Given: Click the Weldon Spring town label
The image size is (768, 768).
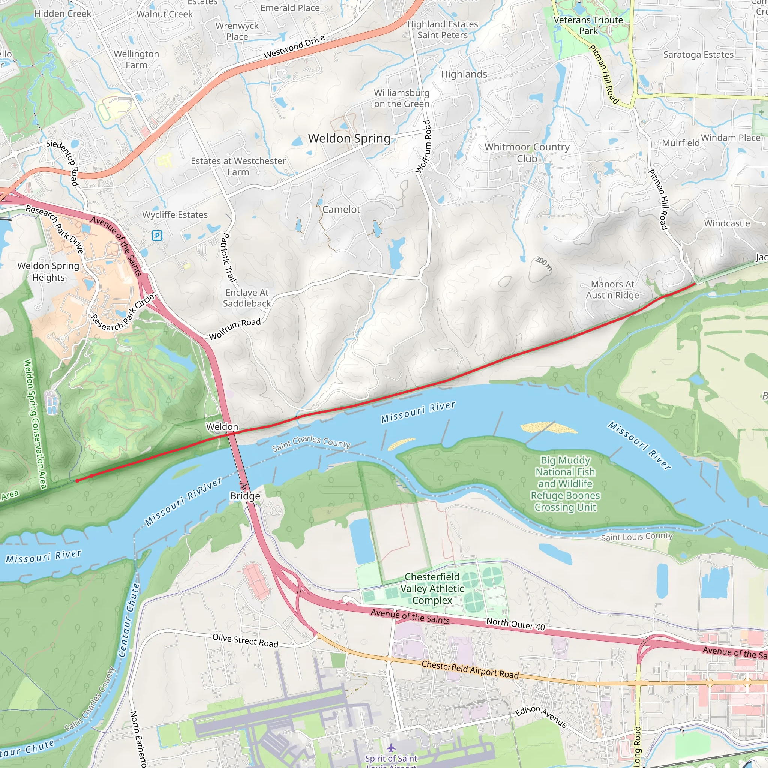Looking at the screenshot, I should click(x=349, y=138).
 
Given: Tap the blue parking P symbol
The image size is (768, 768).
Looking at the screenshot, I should click(x=157, y=236).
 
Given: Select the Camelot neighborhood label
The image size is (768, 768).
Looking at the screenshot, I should click(x=341, y=210).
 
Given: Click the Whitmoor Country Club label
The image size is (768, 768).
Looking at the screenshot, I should click(x=527, y=153).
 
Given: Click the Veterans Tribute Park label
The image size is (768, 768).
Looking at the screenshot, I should click(x=588, y=25).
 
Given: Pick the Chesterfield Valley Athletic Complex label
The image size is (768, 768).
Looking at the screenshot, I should click(x=432, y=588).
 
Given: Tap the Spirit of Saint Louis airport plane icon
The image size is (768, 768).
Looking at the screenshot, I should click(x=391, y=748).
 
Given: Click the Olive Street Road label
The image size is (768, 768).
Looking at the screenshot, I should click(x=245, y=640).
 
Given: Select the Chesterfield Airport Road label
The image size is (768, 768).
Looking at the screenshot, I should click(x=470, y=669).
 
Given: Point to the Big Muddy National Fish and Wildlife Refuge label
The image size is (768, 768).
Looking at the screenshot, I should click(x=565, y=483).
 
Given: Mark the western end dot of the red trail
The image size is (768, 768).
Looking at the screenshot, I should click(x=78, y=481).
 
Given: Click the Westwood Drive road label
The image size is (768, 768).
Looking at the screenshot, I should click(x=294, y=47).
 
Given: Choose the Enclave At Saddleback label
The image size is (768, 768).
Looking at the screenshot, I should click(x=247, y=298).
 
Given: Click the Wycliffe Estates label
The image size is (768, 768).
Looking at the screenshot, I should click(x=175, y=214).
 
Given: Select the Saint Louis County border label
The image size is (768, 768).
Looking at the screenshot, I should click(x=636, y=537).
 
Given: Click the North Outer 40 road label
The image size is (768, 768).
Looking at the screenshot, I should click(x=515, y=624).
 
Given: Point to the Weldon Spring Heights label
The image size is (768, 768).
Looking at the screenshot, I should click(x=48, y=271).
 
